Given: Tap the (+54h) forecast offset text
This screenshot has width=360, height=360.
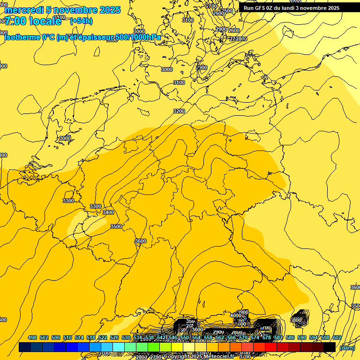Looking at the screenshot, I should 81,21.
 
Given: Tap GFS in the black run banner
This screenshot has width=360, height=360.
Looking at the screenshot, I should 261,8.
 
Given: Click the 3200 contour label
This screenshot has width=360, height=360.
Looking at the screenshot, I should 179,111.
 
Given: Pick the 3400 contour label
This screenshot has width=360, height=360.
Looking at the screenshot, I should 108,212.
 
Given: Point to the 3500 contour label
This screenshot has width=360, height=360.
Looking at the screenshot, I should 116,226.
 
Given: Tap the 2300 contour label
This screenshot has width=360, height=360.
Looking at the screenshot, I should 202,68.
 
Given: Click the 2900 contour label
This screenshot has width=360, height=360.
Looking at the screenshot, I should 221,30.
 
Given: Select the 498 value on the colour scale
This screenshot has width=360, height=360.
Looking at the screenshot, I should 32,337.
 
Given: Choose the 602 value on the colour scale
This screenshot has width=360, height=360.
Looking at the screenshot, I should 337,337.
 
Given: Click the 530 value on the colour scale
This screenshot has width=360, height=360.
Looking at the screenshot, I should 126,337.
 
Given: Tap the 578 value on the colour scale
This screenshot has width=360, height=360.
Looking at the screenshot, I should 266,337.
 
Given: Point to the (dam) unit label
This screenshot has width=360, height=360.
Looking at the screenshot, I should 347,348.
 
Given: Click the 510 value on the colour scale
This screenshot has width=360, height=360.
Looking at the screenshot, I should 67,337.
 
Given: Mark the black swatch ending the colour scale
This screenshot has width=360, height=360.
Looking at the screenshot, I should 330,347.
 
